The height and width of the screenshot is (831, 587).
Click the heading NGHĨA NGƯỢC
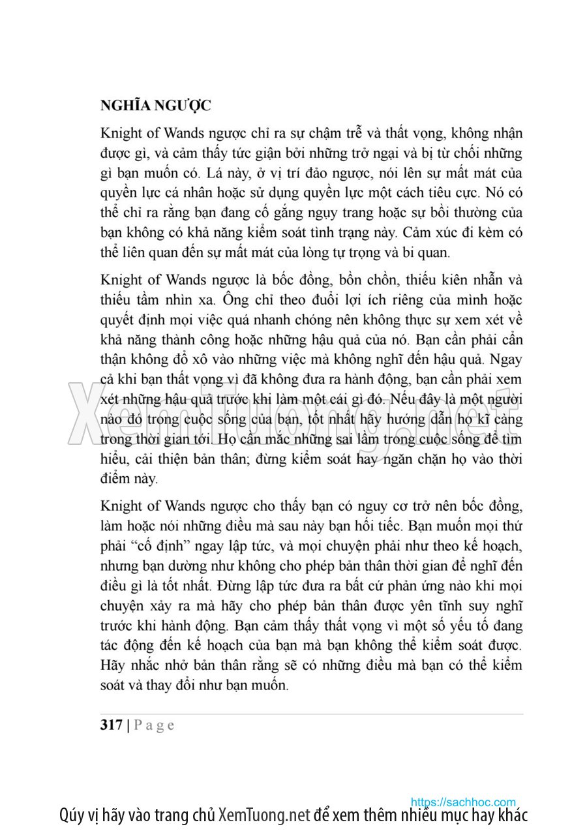click(x=155, y=106)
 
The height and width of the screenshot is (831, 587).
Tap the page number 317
click(x=112, y=725)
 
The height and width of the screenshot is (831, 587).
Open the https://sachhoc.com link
click(x=463, y=802)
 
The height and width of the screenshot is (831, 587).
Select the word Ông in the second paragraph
click(x=233, y=300)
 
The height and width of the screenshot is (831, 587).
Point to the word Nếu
click(x=409, y=399)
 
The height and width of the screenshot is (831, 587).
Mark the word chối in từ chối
click(x=459, y=153)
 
